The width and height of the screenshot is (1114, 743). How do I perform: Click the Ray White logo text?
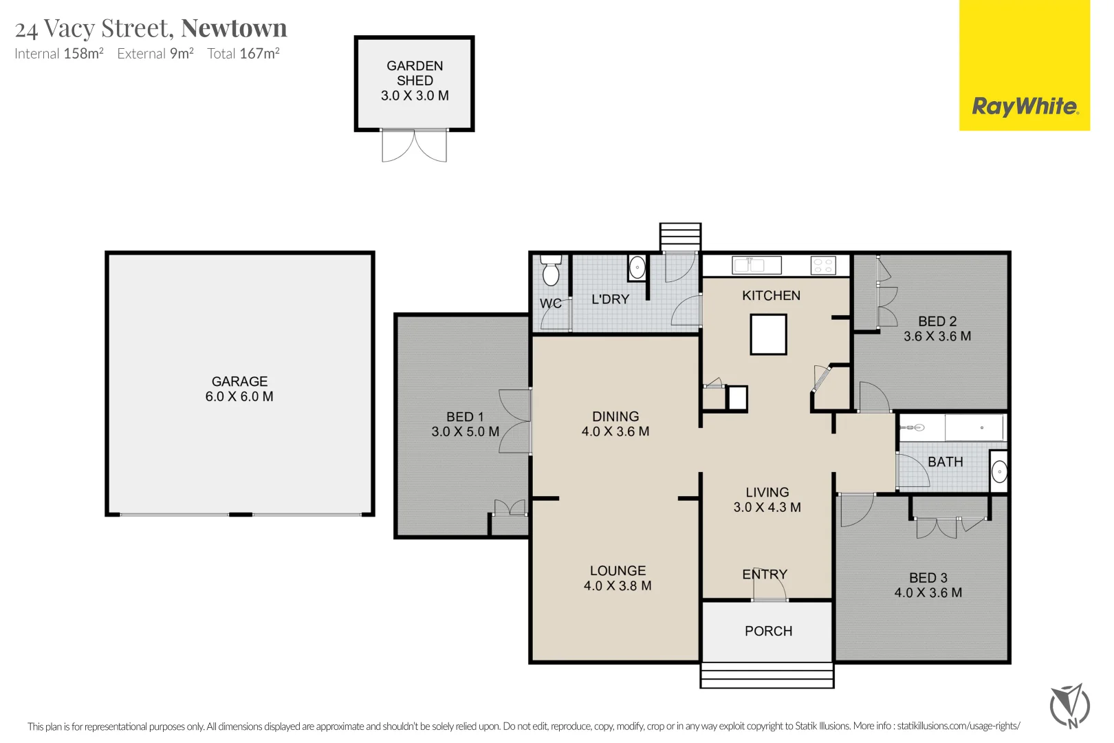(x=1025, y=107)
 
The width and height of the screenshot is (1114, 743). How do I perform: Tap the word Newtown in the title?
(x=234, y=28)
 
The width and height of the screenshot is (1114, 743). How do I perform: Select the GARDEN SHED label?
(x=415, y=73)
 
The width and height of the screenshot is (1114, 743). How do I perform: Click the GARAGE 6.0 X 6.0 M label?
(x=239, y=389)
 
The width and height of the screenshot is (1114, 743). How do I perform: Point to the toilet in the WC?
(x=551, y=270)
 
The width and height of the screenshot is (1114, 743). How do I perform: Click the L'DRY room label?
(x=610, y=299)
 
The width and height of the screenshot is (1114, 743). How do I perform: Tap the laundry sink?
(x=637, y=268)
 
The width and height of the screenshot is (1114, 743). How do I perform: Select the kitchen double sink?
(x=756, y=266)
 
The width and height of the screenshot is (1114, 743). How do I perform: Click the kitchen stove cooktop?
(x=823, y=266)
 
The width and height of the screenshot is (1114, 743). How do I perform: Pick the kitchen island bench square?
(x=768, y=334)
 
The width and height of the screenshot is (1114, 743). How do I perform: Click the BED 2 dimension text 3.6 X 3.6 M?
(x=937, y=336)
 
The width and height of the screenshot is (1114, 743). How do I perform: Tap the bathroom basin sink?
(x=998, y=471)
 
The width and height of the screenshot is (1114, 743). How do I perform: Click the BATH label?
(x=946, y=462)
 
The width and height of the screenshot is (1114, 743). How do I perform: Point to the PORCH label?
(x=768, y=631)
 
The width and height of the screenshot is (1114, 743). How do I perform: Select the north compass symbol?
(x=1070, y=707)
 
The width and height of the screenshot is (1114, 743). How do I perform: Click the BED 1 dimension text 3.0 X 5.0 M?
(x=465, y=431)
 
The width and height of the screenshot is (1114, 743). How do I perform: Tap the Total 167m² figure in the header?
(x=243, y=54)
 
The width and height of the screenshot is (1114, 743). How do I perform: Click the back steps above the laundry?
(x=680, y=237)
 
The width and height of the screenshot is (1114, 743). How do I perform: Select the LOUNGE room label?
(x=618, y=571)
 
